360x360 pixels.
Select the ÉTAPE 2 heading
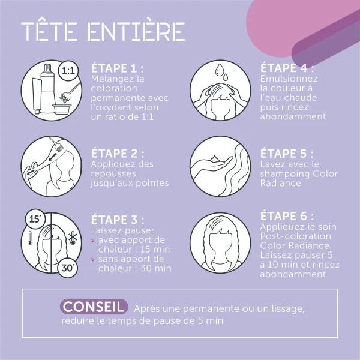coord(118,153)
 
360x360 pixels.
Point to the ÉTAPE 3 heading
coord(118,220)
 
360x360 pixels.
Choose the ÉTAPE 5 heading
coord(287,153)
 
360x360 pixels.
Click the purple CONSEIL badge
coord(94,307)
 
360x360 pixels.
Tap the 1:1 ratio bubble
coord(68,71)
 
